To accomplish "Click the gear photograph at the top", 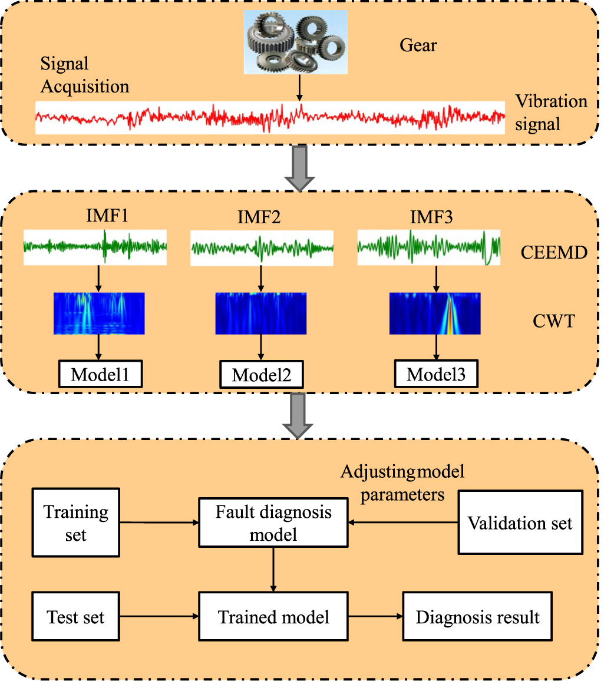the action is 295,42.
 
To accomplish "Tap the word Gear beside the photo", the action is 418,45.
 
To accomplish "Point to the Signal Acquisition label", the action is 85,75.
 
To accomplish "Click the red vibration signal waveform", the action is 270,118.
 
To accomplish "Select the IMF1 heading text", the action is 107,216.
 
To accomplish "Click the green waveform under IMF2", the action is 262,248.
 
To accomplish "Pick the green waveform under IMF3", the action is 428,247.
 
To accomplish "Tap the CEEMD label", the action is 553,252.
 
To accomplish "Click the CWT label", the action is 553,321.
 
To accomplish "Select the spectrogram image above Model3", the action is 435,313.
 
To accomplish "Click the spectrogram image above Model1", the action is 99,313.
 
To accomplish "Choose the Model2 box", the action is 262,375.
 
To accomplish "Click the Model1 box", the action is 100,373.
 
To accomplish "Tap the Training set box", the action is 75,523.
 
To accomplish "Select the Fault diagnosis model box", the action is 273,523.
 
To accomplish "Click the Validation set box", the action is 520,523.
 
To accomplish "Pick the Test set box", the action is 75,616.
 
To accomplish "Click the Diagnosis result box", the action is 477,616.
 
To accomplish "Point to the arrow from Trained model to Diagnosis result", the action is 375,616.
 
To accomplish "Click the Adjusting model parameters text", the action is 402,483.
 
